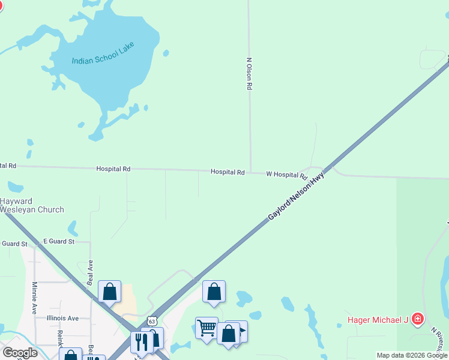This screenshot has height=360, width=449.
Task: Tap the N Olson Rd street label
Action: (249, 74)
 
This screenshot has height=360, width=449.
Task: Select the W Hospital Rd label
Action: (286, 175)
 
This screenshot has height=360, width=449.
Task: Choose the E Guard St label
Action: (58, 241)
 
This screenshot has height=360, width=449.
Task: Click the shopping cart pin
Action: (206, 328)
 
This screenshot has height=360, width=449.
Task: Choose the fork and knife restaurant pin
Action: (142, 341)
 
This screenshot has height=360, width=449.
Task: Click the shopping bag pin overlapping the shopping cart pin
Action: (228, 334)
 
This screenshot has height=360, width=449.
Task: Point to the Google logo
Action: (20, 353)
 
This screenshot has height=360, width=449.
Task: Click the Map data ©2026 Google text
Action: (411, 355)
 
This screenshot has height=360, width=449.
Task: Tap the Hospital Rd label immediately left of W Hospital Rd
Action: (228, 172)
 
